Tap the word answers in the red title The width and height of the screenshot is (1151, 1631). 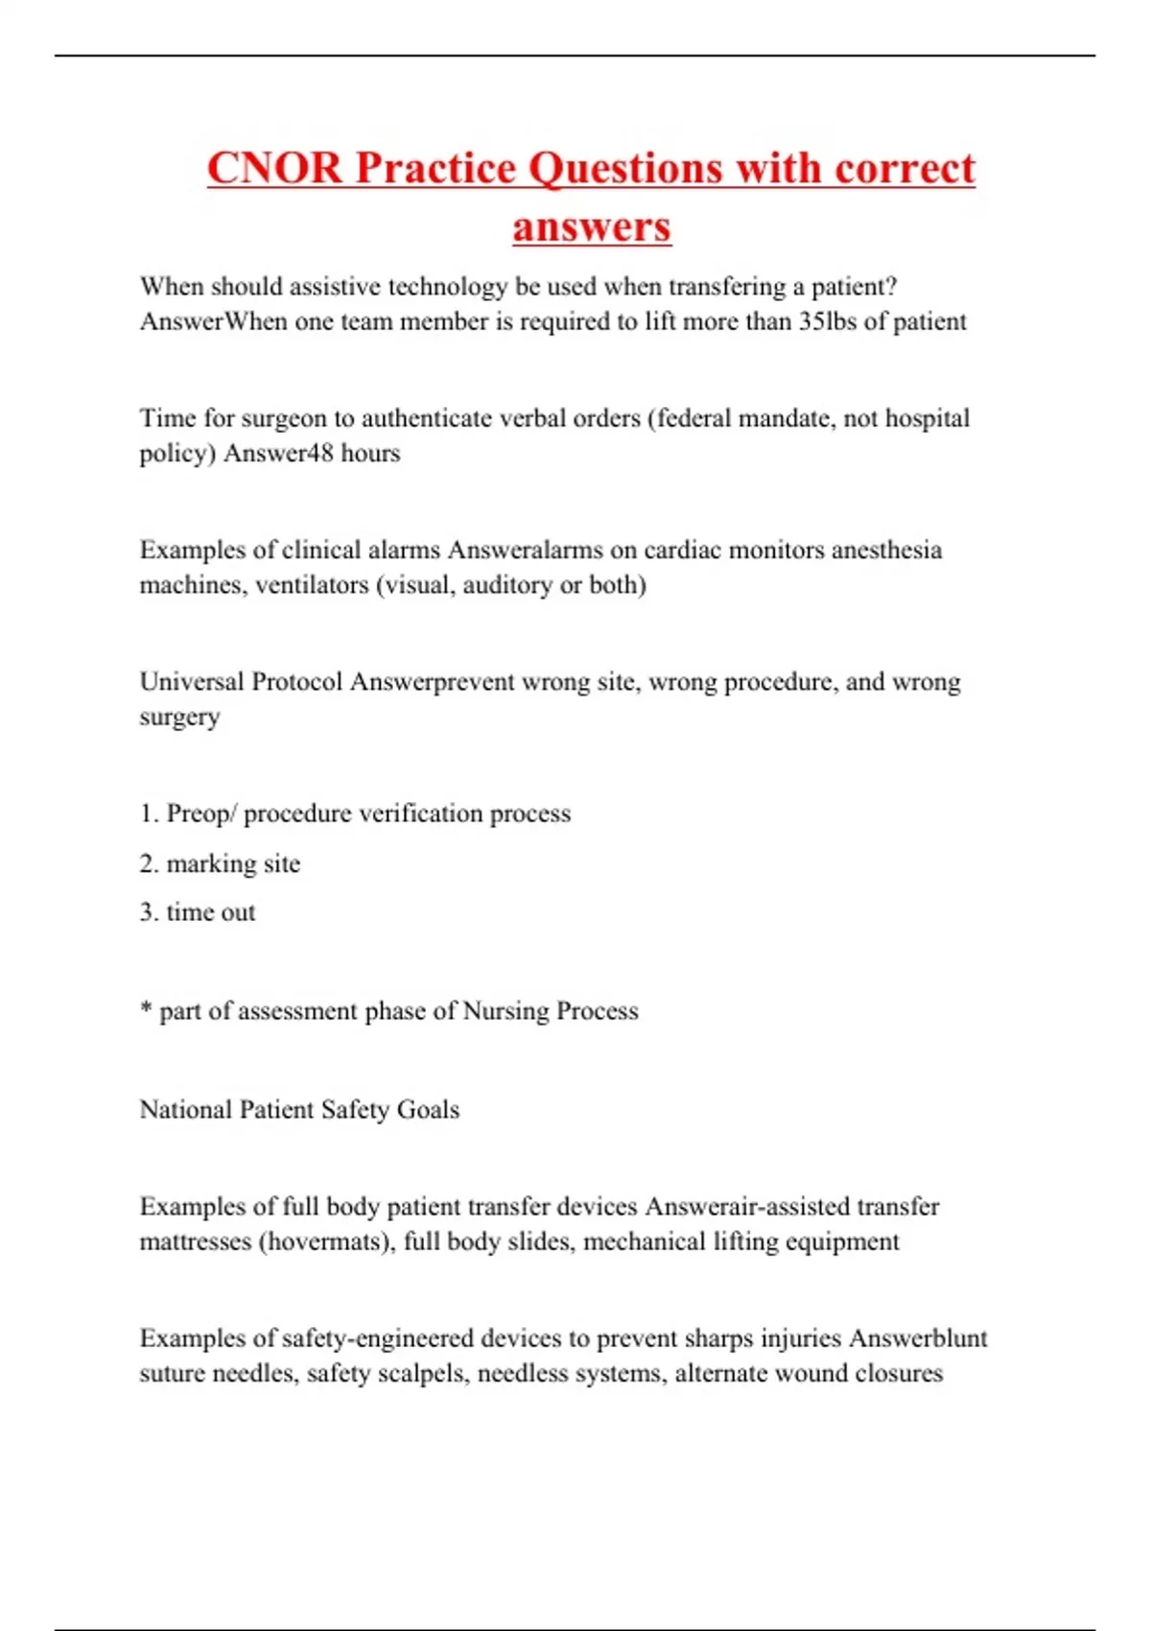point(592,227)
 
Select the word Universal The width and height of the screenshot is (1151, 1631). point(192,682)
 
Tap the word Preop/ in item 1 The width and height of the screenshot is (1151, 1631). point(201,814)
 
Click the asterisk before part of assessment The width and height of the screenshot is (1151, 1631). point(146,1009)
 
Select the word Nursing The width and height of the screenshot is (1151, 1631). point(505,1011)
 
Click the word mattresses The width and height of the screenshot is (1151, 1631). point(196,1242)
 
